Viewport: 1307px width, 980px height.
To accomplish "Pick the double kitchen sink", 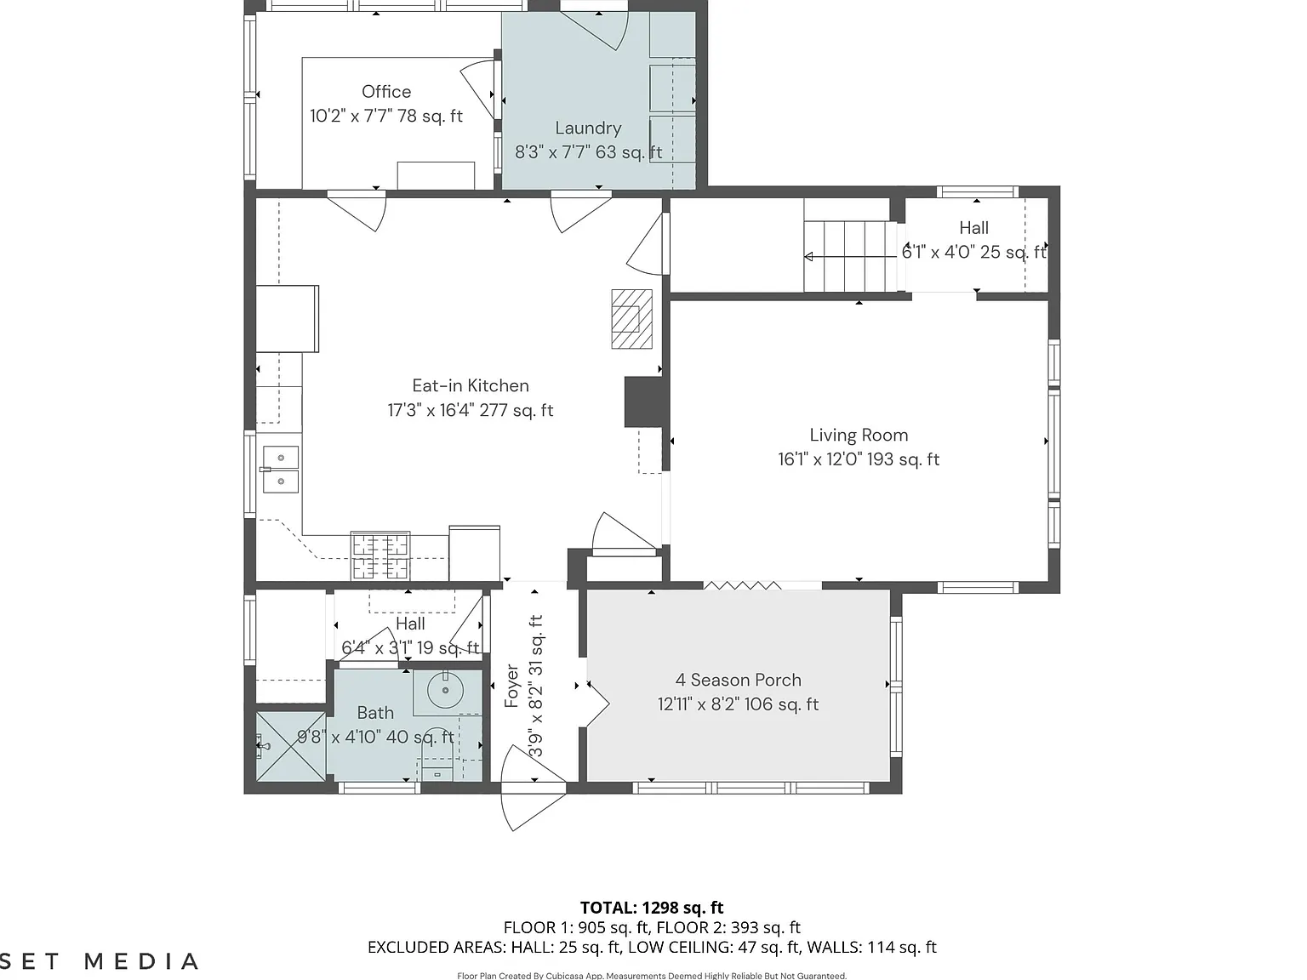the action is pyautogui.click(x=281, y=470).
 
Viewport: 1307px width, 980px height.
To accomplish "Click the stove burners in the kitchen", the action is pyautogui.click(x=380, y=556).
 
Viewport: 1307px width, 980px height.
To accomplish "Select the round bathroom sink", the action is pyautogui.click(x=445, y=690).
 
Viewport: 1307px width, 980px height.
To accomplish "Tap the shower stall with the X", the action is pyautogui.click(x=290, y=746).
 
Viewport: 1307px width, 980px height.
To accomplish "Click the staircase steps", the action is pyautogui.click(x=850, y=256).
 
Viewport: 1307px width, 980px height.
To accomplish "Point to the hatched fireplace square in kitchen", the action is pyautogui.click(x=631, y=319).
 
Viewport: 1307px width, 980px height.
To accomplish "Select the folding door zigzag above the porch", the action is pyautogui.click(x=742, y=585).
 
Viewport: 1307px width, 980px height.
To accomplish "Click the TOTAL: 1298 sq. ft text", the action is pyautogui.click(x=652, y=908).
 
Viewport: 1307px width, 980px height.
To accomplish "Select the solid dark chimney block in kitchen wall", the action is pyautogui.click(x=643, y=402).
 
